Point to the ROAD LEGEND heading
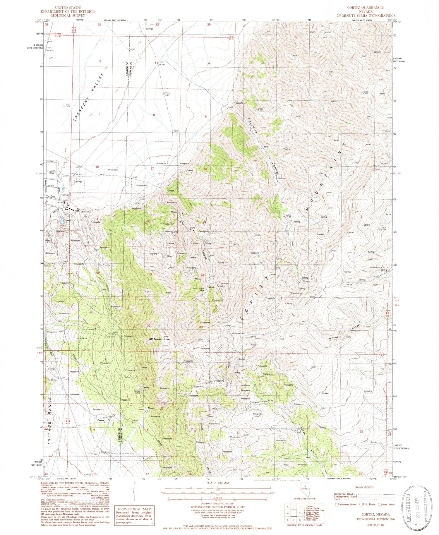tap(364, 487)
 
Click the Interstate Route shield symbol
tap(337, 504)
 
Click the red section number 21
tap(205, 222)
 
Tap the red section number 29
tap(150, 274)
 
